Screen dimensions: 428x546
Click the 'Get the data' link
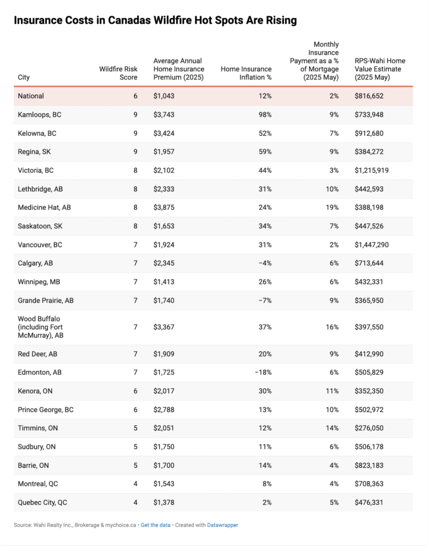(x=155, y=525)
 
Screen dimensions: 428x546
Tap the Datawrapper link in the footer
(x=222, y=525)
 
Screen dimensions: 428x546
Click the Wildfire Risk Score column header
(x=118, y=73)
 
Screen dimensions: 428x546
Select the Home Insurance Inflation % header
(x=246, y=73)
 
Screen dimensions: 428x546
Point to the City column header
(x=24, y=77)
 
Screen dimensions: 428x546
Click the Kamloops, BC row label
(x=39, y=115)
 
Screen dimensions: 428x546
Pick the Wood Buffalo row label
(x=41, y=327)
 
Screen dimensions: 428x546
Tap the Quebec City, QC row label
(x=42, y=503)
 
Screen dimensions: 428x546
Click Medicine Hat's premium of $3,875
(x=164, y=208)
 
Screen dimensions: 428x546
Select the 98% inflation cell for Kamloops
(x=265, y=115)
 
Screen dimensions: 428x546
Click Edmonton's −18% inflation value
(x=264, y=372)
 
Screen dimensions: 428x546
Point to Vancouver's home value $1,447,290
(x=372, y=245)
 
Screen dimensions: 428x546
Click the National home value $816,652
(x=369, y=96)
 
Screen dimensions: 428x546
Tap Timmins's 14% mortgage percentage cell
(x=332, y=428)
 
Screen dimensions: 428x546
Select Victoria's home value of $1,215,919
(x=372, y=171)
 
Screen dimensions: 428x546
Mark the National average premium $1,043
(x=164, y=96)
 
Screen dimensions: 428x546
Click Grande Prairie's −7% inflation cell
(x=265, y=301)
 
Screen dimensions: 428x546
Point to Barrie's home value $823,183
(x=369, y=465)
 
